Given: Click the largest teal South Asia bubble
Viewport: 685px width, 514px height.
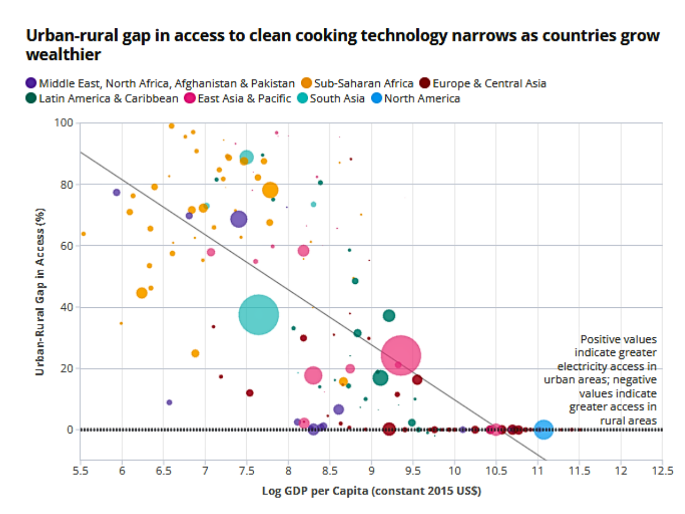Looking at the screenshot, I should [x=258, y=314].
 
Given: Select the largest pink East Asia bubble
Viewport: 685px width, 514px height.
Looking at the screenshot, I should [x=401, y=356].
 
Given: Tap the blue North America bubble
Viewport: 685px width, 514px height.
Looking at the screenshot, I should [x=543, y=429].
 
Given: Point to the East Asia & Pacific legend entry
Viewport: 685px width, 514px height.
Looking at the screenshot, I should [x=238, y=99].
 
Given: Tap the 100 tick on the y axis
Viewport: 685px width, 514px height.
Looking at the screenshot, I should [x=64, y=123].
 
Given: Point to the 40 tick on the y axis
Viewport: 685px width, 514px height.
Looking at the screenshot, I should [x=66, y=307].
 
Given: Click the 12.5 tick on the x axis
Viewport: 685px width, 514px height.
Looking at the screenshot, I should [x=662, y=471].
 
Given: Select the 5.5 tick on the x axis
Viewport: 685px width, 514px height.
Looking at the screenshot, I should [x=80, y=471].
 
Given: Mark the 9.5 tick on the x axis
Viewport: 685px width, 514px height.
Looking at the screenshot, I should [x=413, y=471].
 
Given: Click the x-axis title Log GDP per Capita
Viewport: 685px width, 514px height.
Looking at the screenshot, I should [x=371, y=491].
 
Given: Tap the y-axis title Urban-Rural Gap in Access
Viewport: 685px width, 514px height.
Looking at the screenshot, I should [x=40, y=292].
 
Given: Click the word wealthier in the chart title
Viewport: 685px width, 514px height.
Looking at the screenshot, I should [x=63, y=55].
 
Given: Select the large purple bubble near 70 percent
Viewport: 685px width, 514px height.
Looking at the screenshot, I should [x=239, y=219].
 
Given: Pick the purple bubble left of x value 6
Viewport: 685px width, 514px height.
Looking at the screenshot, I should [x=116, y=192].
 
